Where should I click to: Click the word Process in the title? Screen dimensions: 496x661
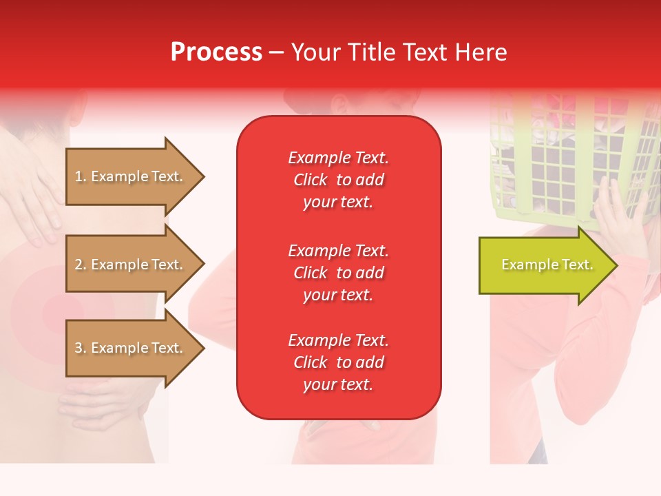[x=216, y=52]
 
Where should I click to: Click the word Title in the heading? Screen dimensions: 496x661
[x=370, y=52]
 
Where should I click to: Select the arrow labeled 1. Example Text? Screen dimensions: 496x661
[x=131, y=176]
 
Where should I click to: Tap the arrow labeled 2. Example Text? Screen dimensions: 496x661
[x=131, y=265]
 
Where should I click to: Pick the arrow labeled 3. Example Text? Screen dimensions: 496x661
[x=131, y=348]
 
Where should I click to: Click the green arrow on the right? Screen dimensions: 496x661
[x=544, y=265]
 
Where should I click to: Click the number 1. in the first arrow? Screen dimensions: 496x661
[x=81, y=177]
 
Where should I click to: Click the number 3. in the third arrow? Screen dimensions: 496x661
[x=81, y=349]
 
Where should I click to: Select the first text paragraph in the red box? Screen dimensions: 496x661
[x=338, y=180]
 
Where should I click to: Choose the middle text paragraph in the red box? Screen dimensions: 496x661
[x=338, y=273]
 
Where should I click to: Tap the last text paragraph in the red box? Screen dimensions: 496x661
[x=338, y=362]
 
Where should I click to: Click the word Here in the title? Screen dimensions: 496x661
[x=481, y=52]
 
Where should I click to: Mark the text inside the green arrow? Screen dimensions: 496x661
[x=547, y=265]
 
